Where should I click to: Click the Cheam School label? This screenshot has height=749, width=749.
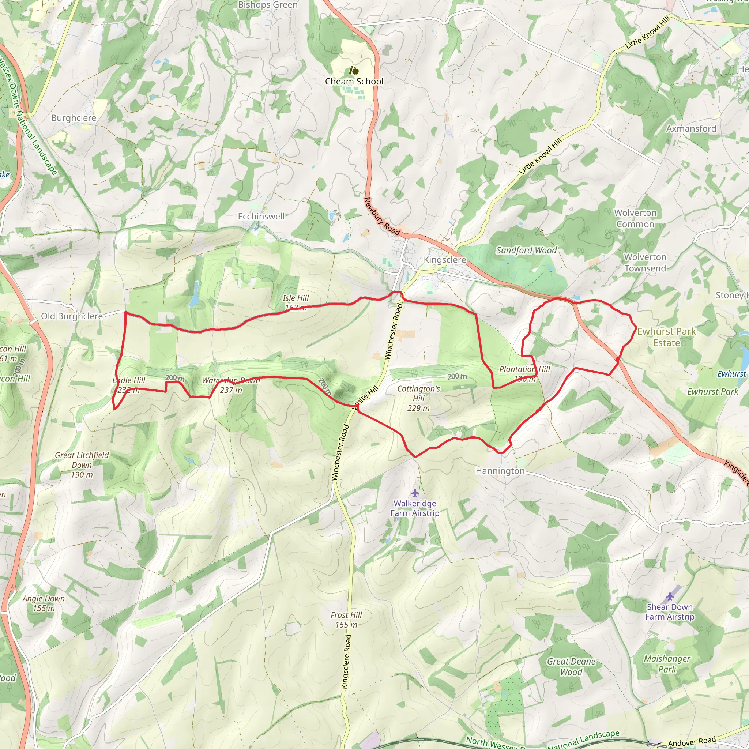tap(354, 82)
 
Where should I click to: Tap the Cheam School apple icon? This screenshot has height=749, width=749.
tap(354, 71)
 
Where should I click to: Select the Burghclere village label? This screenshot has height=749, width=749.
tap(74, 118)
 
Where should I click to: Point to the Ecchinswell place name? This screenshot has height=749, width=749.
tap(261, 217)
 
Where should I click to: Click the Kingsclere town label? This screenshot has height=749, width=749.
tap(445, 260)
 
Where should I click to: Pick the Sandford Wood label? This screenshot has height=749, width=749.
tap(527, 251)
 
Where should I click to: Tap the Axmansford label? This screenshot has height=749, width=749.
tap(691, 129)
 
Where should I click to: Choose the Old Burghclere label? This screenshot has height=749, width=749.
tap(72, 316)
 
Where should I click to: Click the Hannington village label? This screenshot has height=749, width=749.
tap(500, 471)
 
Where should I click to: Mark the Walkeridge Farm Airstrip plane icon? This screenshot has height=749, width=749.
tap(415, 493)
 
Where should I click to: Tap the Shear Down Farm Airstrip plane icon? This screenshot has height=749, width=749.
tap(670, 596)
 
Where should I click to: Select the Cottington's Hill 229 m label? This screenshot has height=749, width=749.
tap(419, 398)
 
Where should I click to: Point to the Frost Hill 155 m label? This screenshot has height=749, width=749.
tap(346, 620)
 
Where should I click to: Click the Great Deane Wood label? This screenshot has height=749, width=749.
tap(571, 667)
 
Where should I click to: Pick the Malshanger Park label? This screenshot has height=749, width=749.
tap(667, 664)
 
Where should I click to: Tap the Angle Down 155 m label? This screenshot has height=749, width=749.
tap(44, 603)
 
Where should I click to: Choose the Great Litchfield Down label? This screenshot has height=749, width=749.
tap(82, 464)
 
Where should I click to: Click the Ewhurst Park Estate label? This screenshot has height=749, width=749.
tap(666, 337)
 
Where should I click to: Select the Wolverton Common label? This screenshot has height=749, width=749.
tap(635, 218)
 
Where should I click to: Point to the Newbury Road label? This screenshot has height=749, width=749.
tap(381, 217)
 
